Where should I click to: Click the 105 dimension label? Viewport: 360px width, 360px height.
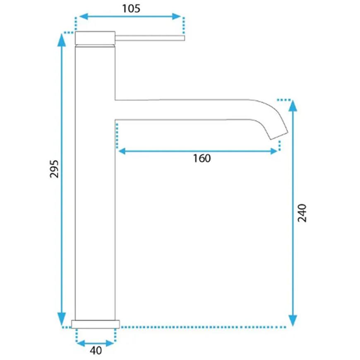pyautogui.click(x=131, y=9)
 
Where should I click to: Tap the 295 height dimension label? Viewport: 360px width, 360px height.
pyautogui.click(x=54, y=169)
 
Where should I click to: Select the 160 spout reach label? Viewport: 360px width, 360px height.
pyautogui.click(x=202, y=158)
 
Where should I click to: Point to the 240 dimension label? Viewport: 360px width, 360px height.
pyautogui.click(x=302, y=213)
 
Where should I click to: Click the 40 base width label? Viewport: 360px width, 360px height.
pyautogui.click(x=96, y=350)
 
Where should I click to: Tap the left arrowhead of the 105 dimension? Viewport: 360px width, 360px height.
pyautogui.click(x=83, y=17)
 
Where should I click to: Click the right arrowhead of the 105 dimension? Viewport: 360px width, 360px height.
pyautogui.click(x=177, y=17)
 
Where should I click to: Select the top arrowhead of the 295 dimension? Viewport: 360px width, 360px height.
pyautogui.click(x=62, y=40)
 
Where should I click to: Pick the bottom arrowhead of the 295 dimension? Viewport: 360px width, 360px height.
pyautogui.click(x=62, y=319)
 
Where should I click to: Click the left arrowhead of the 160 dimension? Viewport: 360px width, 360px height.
pyautogui.click(x=122, y=151)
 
